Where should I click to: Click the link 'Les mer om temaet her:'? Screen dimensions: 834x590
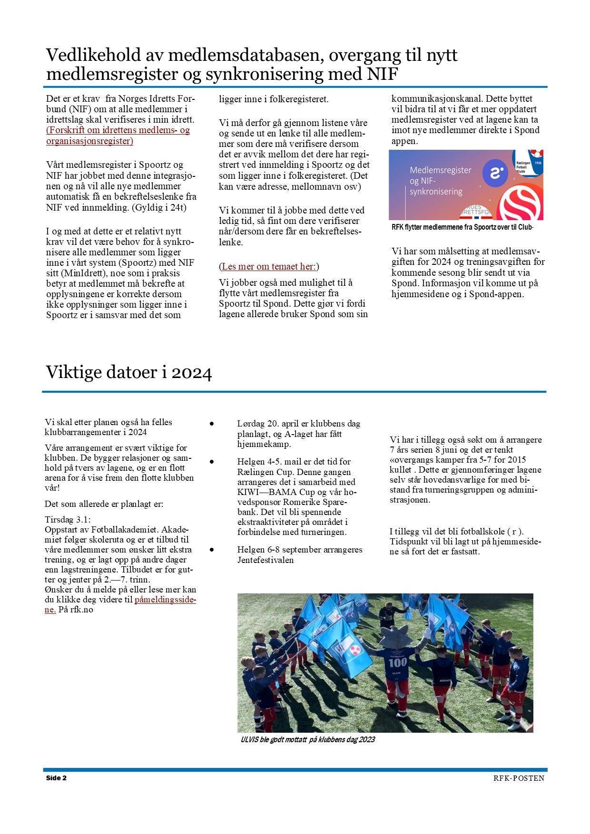click(x=269, y=266)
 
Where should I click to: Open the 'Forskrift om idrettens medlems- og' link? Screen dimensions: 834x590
click(x=118, y=130)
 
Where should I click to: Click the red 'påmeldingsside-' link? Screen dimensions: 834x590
click(x=165, y=600)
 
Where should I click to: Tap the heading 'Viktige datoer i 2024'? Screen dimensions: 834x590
click(x=128, y=372)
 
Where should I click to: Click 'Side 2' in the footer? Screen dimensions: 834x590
click(x=56, y=778)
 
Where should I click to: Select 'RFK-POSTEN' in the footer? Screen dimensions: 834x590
click(x=519, y=778)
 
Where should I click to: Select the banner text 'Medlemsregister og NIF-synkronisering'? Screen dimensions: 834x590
click(x=440, y=181)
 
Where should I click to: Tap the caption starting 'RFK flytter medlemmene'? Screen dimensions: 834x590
click(x=462, y=227)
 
